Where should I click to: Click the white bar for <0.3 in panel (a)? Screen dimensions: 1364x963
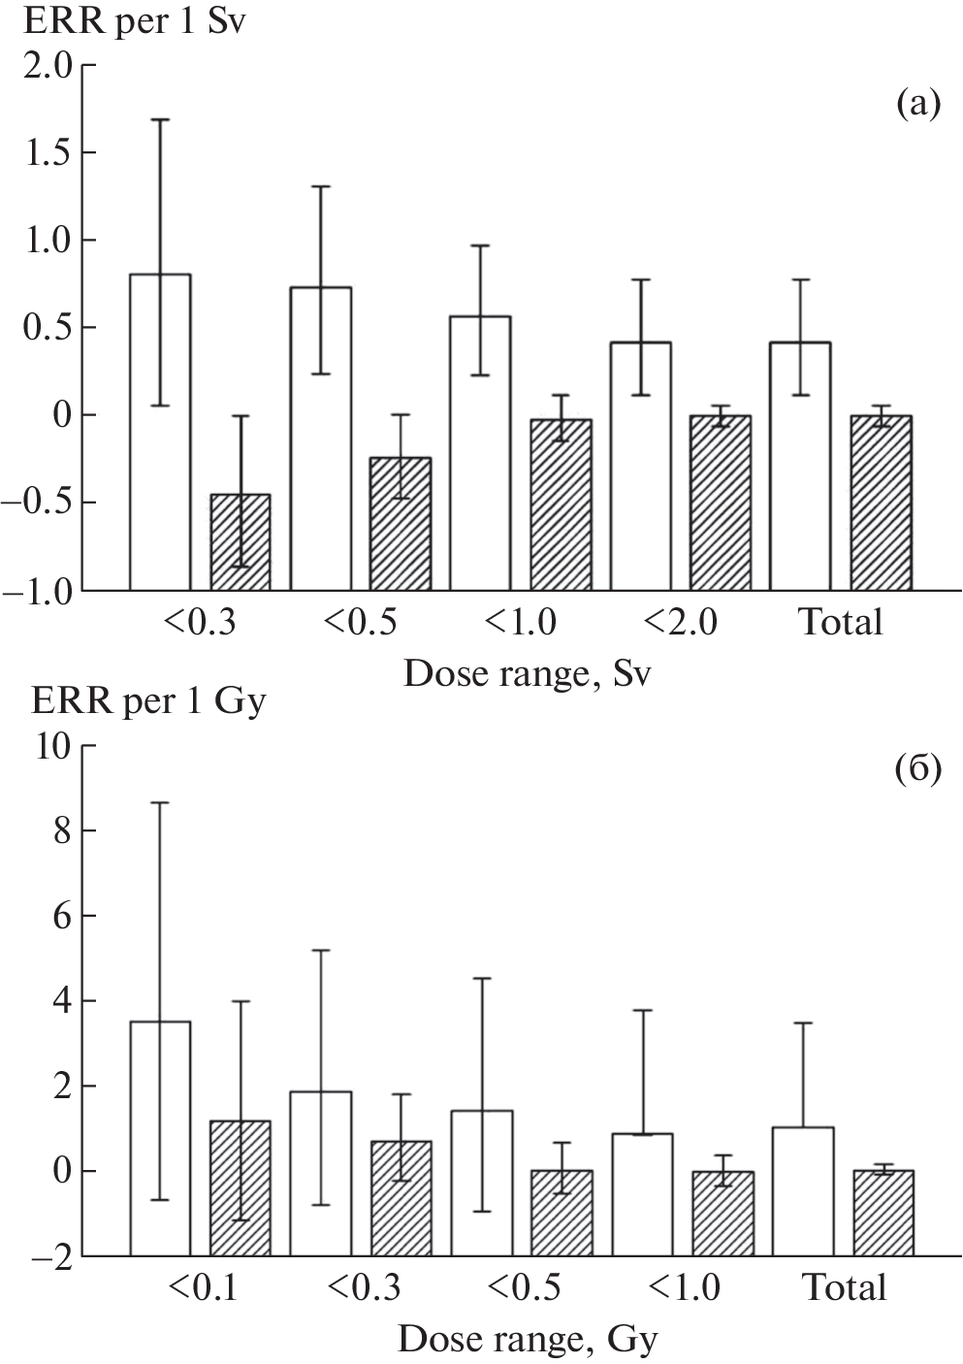tap(160, 432)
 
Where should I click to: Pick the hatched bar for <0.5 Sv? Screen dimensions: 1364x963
tap(401, 523)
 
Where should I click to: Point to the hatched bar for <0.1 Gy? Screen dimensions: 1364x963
tap(241, 1187)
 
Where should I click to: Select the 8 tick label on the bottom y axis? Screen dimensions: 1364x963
tap(62, 831)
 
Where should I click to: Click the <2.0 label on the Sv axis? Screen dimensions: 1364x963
tap(680, 622)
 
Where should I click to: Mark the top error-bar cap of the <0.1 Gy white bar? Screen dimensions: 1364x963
tap(160, 802)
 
